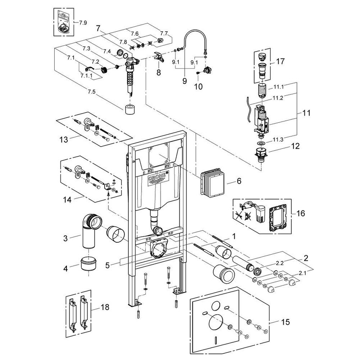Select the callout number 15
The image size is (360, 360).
[285, 322]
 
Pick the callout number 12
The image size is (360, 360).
[283, 147]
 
